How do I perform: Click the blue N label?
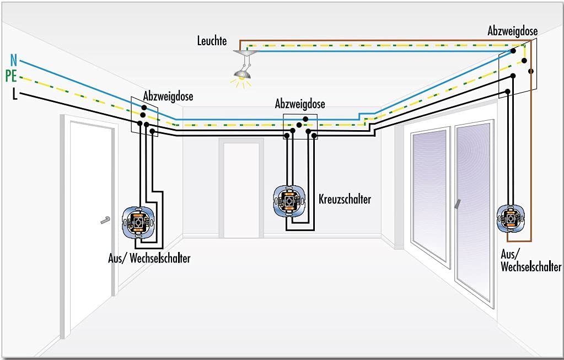click(x=14, y=60)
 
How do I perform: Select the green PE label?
click(x=11, y=76)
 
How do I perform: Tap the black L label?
click(x=15, y=94)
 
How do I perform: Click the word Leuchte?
click(x=212, y=41)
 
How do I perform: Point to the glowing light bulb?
click(x=241, y=76)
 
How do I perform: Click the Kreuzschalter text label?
click(x=345, y=199)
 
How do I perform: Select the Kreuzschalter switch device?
click(x=289, y=201)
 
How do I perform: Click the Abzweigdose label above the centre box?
click(x=300, y=104)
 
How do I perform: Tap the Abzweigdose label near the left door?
click(x=168, y=96)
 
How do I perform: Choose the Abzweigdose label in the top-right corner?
click(x=513, y=31)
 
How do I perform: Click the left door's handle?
click(x=105, y=220)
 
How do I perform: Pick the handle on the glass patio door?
click(x=457, y=204)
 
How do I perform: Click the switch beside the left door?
click(x=138, y=223)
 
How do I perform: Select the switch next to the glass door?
click(x=511, y=218)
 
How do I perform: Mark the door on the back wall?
click(x=240, y=189)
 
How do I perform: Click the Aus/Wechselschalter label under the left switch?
click(x=149, y=258)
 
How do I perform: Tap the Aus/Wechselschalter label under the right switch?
click(x=531, y=261)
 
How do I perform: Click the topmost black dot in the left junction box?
click(x=144, y=108)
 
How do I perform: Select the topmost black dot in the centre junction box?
click(x=305, y=119)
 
